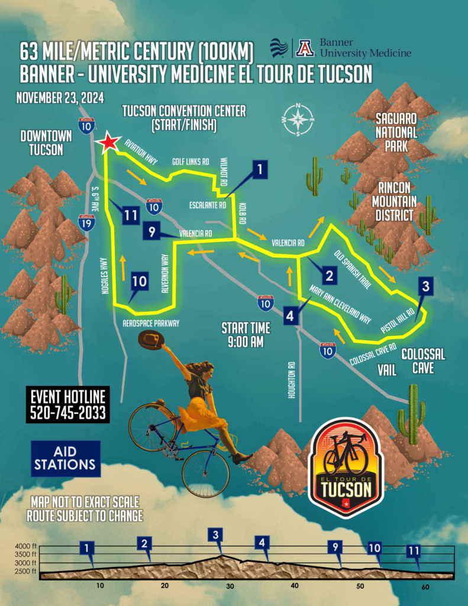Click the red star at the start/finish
click(109, 143)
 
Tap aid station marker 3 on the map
click(427, 286)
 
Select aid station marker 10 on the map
click(139, 281)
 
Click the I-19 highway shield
click(86, 223)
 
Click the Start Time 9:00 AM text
click(246, 334)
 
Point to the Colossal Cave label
click(423, 361)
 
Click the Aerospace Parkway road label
click(150, 324)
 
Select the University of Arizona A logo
click(305, 47)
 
